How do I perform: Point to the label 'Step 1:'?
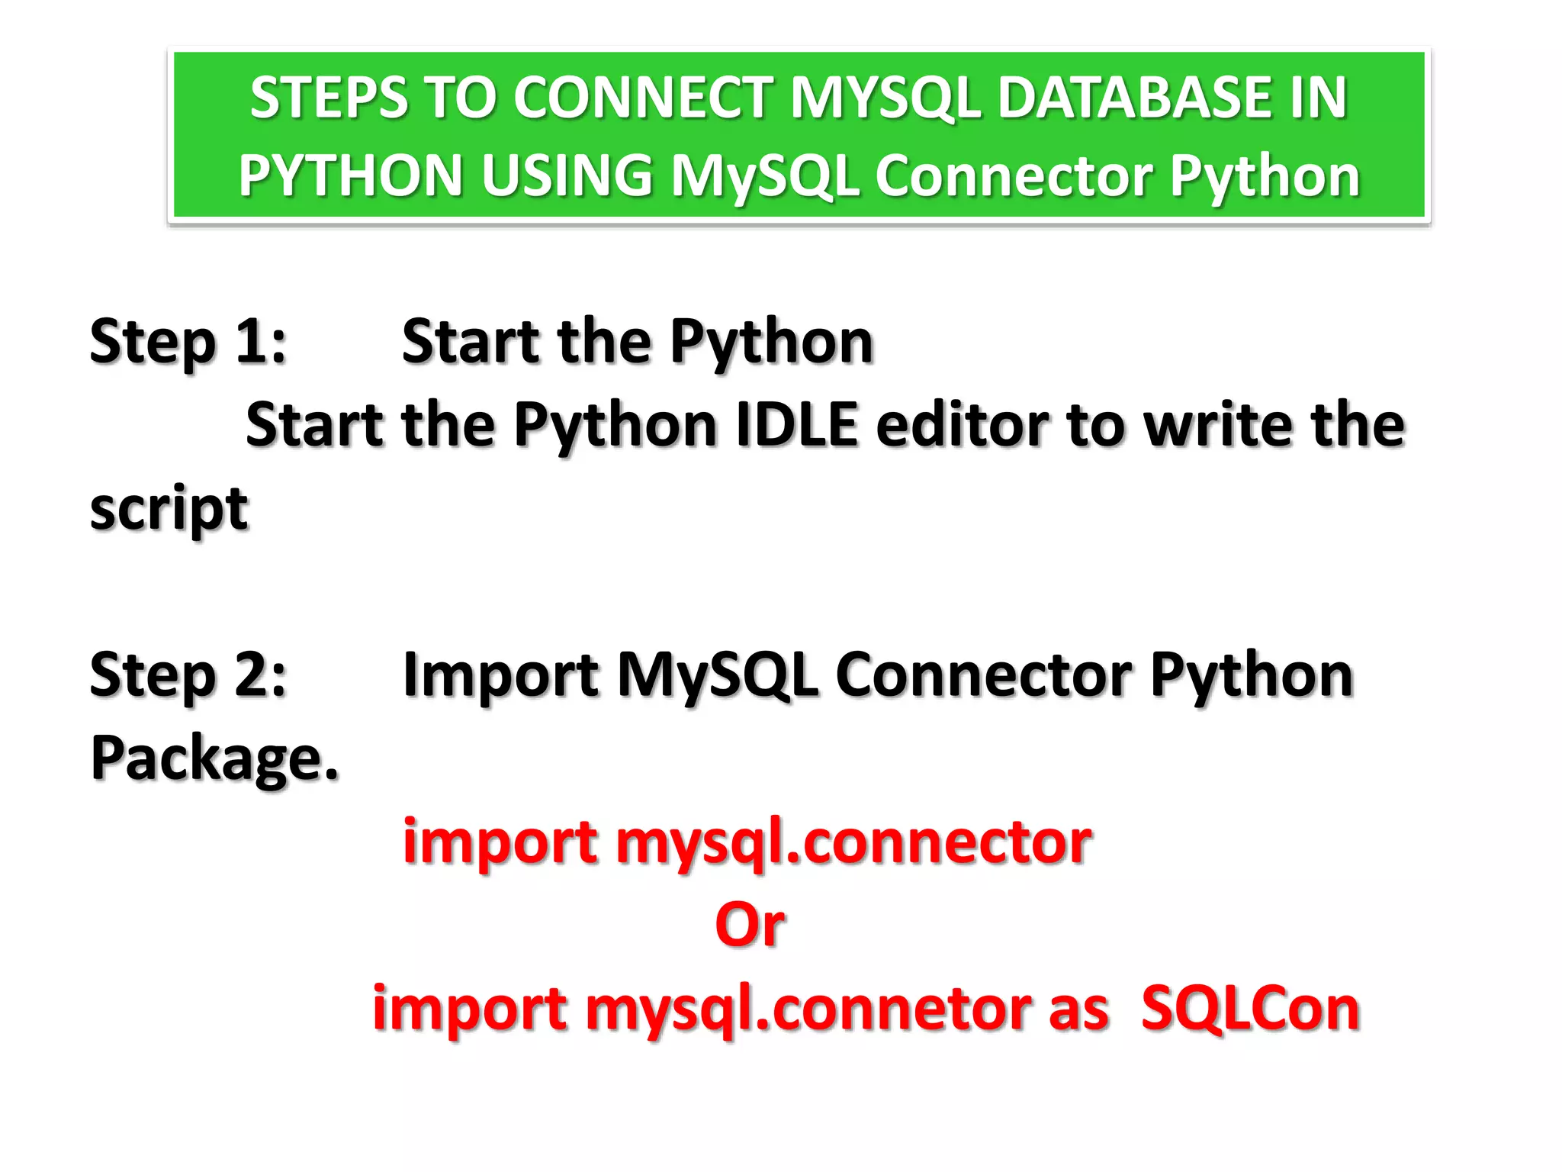point(188,341)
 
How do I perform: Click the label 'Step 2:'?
point(188,675)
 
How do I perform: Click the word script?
point(169,509)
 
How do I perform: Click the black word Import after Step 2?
point(500,675)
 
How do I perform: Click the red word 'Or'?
point(750,925)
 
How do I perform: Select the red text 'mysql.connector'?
point(853,842)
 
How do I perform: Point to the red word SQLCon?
point(1250,1009)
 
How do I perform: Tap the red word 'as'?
point(1078,1009)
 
